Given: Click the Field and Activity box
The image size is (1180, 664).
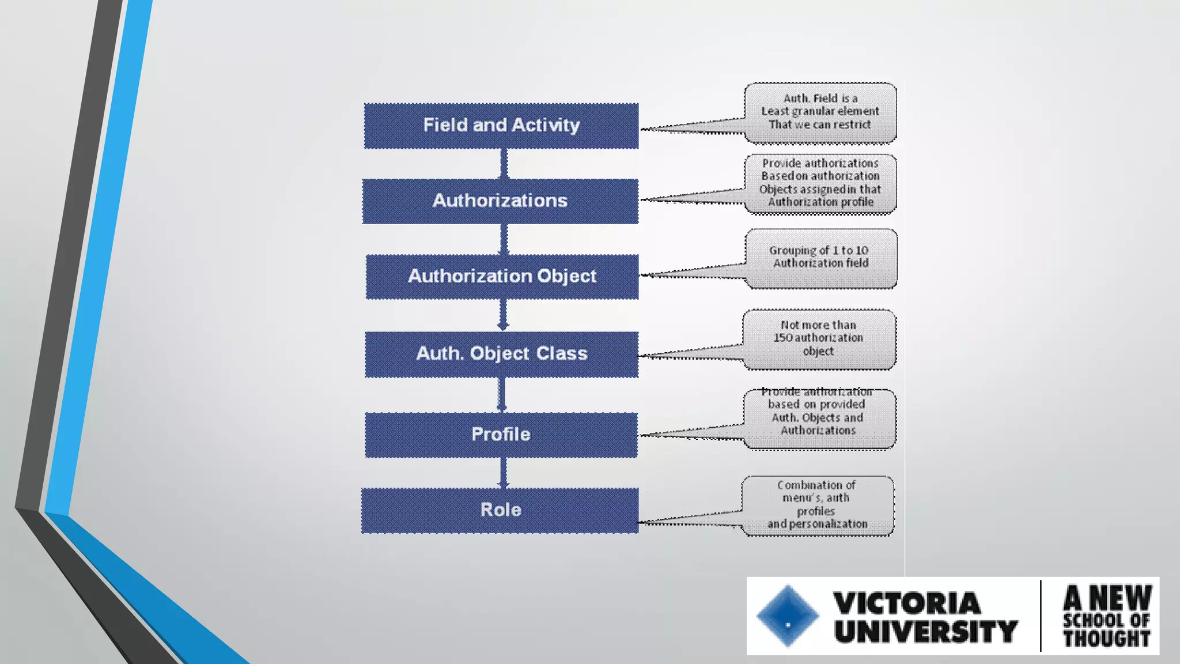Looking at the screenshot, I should pyautogui.click(x=501, y=126).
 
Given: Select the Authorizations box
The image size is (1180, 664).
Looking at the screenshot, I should pyautogui.click(x=500, y=201).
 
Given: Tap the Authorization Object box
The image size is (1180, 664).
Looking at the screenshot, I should pyautogui.click(x=502, y=276).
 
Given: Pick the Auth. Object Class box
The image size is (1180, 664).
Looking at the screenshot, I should pyautogui.click(x=501, y=354).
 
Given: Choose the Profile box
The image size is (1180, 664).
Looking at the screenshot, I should pyautogui.click(x=501, y=435).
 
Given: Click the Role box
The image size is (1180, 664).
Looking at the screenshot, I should pyautogui.click(x=500, y=510).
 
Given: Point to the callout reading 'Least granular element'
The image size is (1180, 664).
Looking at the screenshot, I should pyautogui.click(x=820, y=112).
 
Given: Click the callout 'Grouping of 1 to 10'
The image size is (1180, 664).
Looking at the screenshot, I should pyautogui.click(x=820, y=258).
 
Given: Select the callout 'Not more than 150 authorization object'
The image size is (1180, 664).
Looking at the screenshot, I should pyautogui.click(x=819, y=338).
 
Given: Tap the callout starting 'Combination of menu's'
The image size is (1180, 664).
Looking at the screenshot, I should pyautogui.click(x=817, y=505).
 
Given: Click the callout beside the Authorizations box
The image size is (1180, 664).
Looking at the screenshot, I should pyautogui.click(x=820, y=183).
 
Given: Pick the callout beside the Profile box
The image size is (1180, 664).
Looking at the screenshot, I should pyautogui.click(x=819, y=418).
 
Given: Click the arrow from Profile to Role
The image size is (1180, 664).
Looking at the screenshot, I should pyautogui.click(x=503, y=473).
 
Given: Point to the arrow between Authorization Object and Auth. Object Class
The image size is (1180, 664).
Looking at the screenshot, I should pyautogui.click(x=503, y=315).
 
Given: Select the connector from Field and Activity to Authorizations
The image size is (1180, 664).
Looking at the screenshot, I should pyautogui.click(x=504, y=164).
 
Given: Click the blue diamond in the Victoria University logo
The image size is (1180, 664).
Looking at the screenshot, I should pyautogui.click(x=788, y=616).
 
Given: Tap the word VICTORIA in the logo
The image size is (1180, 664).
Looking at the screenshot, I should pyautogui.click(x=906, y=603).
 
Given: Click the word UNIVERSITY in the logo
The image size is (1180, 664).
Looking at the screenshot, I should pyautogui.click(x=925, y=631).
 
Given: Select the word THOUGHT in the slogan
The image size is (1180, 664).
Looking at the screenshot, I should pyautogui.click(x=1106, y=638).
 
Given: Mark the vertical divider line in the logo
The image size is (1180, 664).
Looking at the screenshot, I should pyautogui.click(x=1041, y=616).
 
